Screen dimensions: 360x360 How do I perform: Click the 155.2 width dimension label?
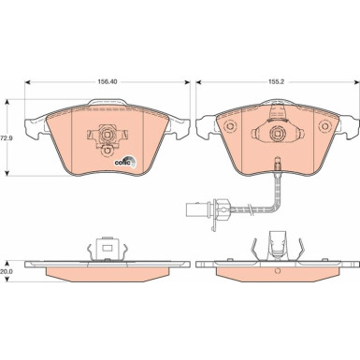point(276,82)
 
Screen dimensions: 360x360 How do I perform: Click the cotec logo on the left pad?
point(125,162)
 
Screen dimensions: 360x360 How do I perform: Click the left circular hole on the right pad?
point(231,126)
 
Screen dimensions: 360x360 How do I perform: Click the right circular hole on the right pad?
point(325,126)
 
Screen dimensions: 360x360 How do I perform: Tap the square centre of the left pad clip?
point(107,135)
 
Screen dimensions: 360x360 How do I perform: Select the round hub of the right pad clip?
point(277,134)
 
